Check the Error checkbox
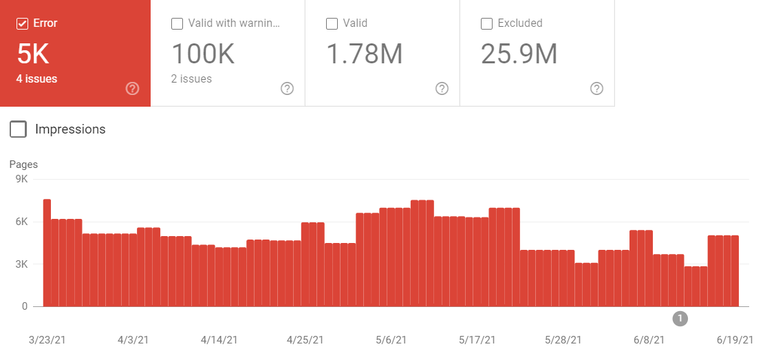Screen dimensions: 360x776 coord(22,23)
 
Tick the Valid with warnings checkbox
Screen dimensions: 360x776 coord(177,23)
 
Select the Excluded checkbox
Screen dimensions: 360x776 coord(486,23)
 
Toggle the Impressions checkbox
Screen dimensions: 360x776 coord(19,129)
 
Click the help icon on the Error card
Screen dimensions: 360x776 coord(133,88)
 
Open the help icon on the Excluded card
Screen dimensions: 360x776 coord(596,88)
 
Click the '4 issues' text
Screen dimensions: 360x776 coord(36,78)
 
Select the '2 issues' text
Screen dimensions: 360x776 coord(191,78)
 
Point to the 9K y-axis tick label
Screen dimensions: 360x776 coord(21,179)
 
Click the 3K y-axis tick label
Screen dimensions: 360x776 coord(21,264)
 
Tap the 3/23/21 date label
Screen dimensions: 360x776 coord(47,340)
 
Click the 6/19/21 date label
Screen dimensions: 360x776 coord(735,340)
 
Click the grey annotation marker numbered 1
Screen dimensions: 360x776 coord(680,318)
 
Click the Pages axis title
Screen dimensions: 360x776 coord(23,165)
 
